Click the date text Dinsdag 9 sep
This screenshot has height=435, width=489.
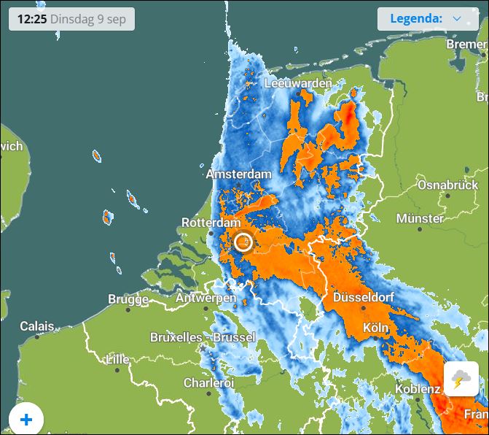tap(88, 19)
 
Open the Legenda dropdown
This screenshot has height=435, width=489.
tap(427, 19)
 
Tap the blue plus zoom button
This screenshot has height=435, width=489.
tap(26, 419)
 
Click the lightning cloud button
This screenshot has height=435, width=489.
tap(461, 379)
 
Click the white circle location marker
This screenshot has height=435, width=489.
tap(243, 242)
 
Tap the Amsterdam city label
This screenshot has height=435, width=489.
tap(238, 174)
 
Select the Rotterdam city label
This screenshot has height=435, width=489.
tap(211, 222)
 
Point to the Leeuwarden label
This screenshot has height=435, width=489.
tap(298, 83)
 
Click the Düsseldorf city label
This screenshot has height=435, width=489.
tap(363, 298)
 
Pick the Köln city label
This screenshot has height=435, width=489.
tap(375, 328)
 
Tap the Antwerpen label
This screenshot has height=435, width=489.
tap(206, 298)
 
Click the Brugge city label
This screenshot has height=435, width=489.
tap(128, 299)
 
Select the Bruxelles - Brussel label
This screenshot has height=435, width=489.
tap(203, 337)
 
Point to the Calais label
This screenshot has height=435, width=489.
tap(36, 326)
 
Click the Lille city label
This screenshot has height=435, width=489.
tap(117, 360)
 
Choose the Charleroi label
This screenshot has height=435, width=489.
tap(208, 382)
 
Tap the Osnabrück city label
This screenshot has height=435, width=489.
tap(447, 185)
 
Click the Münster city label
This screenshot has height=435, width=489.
tap(420, 218)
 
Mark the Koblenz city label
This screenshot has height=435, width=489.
tap(418, 389)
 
